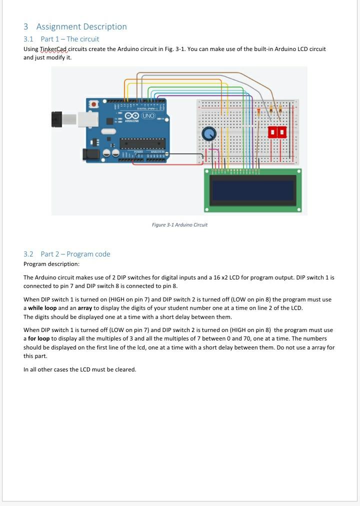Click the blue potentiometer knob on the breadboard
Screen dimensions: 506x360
point(209,133)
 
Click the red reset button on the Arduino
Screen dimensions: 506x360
point(93,105)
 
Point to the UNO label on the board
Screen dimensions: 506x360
point(148,115)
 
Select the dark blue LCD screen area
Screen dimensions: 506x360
point(252,190)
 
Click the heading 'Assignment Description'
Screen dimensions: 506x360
point(81,26)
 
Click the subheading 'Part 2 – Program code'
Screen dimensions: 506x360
point(75,254)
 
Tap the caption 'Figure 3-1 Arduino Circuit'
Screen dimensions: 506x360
point(179,225)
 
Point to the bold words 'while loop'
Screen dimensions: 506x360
point(42,308)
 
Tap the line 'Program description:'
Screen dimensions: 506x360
point(51,264)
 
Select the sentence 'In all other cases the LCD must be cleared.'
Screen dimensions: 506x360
point(79,369)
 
